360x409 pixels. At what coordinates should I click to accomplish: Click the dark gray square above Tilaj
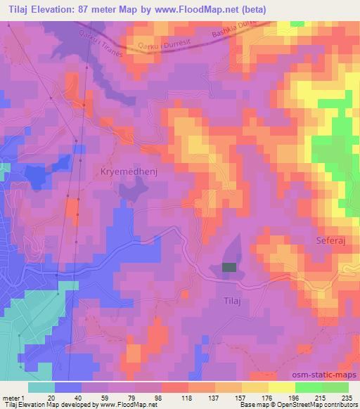[x=229, y=267]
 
